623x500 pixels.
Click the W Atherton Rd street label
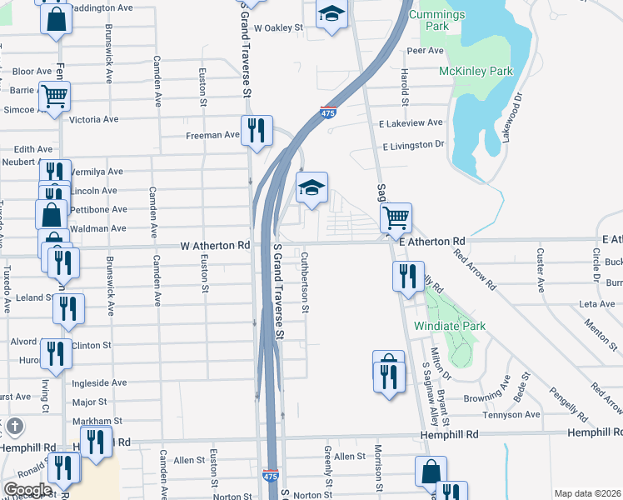216,246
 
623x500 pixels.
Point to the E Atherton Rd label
431,241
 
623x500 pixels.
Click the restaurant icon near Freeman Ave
257,130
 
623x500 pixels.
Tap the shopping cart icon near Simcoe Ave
55,95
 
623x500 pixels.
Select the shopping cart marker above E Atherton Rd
396,217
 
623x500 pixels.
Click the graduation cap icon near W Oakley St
331,14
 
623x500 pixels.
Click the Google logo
27,490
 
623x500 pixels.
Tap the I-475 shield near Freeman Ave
328,112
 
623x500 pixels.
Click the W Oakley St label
279,27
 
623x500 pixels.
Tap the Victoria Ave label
94,119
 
